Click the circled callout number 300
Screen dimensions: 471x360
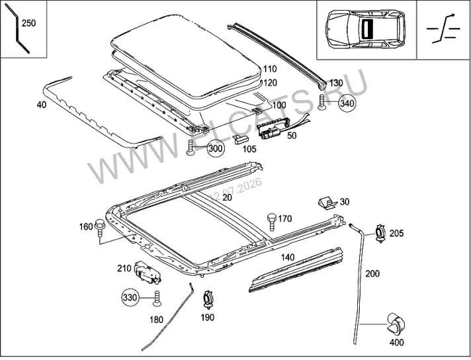click(x=216, y=148)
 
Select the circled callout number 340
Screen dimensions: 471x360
click(x=347, y=103)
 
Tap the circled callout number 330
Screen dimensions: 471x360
click(x=130, y=298)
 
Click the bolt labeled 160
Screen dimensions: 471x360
click(x=99, y=228)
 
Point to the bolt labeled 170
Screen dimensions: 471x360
click(x=271, y=222)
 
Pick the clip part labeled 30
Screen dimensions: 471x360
click(x=327, y=202)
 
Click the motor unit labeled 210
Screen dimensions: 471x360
click(x=148, y=271)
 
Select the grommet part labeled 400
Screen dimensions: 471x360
click(x=396, y=324)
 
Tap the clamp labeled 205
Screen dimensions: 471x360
click(x=381, y=233)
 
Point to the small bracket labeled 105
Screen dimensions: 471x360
click(x=241, y=139)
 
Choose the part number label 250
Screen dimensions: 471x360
click(x=29, y=23)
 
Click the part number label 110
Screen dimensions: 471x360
click(x=270, y=69)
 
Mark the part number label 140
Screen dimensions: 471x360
click(x=288, y=257)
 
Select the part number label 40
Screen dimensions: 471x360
click(x=42, y=105)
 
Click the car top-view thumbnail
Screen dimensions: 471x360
click(x=366, y=29)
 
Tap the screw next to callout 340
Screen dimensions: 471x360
click(x=321, y=103)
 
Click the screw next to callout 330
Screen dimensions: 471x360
click(x=157, y=298)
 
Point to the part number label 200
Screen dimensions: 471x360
click(x=372, y=273)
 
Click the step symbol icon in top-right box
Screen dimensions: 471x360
click(x=443, y=29)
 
